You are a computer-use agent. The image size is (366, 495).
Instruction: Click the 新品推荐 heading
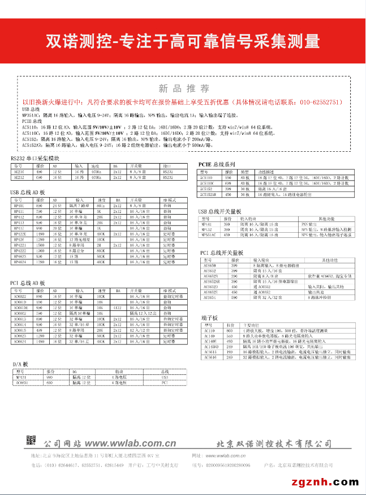(x=184, y=88)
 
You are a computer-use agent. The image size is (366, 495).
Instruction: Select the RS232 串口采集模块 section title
(x=35, y=157)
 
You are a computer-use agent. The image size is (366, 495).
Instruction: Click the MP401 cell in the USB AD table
(x=19, y=206)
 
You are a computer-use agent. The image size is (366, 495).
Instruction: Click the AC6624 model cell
(x=20, y=342)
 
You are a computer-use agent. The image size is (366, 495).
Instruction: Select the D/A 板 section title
(x=21, y=364)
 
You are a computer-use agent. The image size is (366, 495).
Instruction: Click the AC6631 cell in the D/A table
(x=20, y=382)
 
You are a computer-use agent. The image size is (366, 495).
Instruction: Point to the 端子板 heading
(x=209, y=318)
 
